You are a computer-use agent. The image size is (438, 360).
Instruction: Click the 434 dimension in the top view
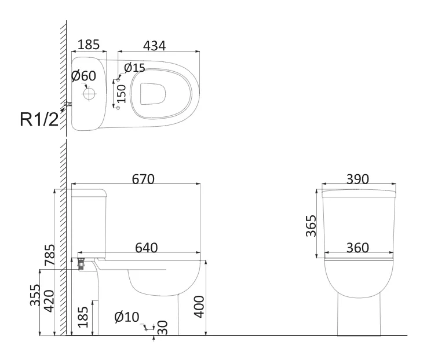click(x=154, y=46)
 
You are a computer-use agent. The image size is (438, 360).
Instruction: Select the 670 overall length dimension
click(x=143, y=179)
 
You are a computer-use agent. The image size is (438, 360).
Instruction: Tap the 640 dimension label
click(x=147, y=248)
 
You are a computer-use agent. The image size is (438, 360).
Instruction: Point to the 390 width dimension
click(x=357, y=179)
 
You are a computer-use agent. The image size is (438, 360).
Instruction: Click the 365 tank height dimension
click(x=311, y=226)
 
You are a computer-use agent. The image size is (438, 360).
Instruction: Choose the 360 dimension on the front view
click(x=357, y=248)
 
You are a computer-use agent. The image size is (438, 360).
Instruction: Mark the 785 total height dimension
click(x=50, y=255)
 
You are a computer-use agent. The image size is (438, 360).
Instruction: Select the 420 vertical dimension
click(x=49, y=301)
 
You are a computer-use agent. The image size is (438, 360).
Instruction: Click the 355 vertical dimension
click(x=35, y=295)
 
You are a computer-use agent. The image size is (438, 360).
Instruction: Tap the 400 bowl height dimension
click(x=199, y=307)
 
